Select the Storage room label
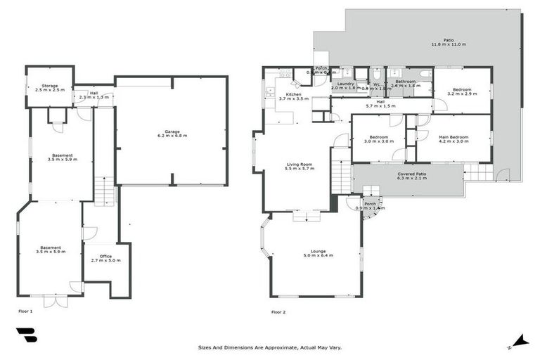[x=49, y=85]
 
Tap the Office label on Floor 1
[x=106, y=256]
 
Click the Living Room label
[x=298, y=165]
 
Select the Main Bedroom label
[x=453, y=136]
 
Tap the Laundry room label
[x=345, y=84]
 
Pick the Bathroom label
[x=405, y=82]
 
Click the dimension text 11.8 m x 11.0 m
[x=449, y=45]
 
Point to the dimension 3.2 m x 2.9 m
[x=461, y=94]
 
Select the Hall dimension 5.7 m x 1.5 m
[x=380, y=106]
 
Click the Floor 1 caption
[x=25, y=310]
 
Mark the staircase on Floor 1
[x=104, y=190]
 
